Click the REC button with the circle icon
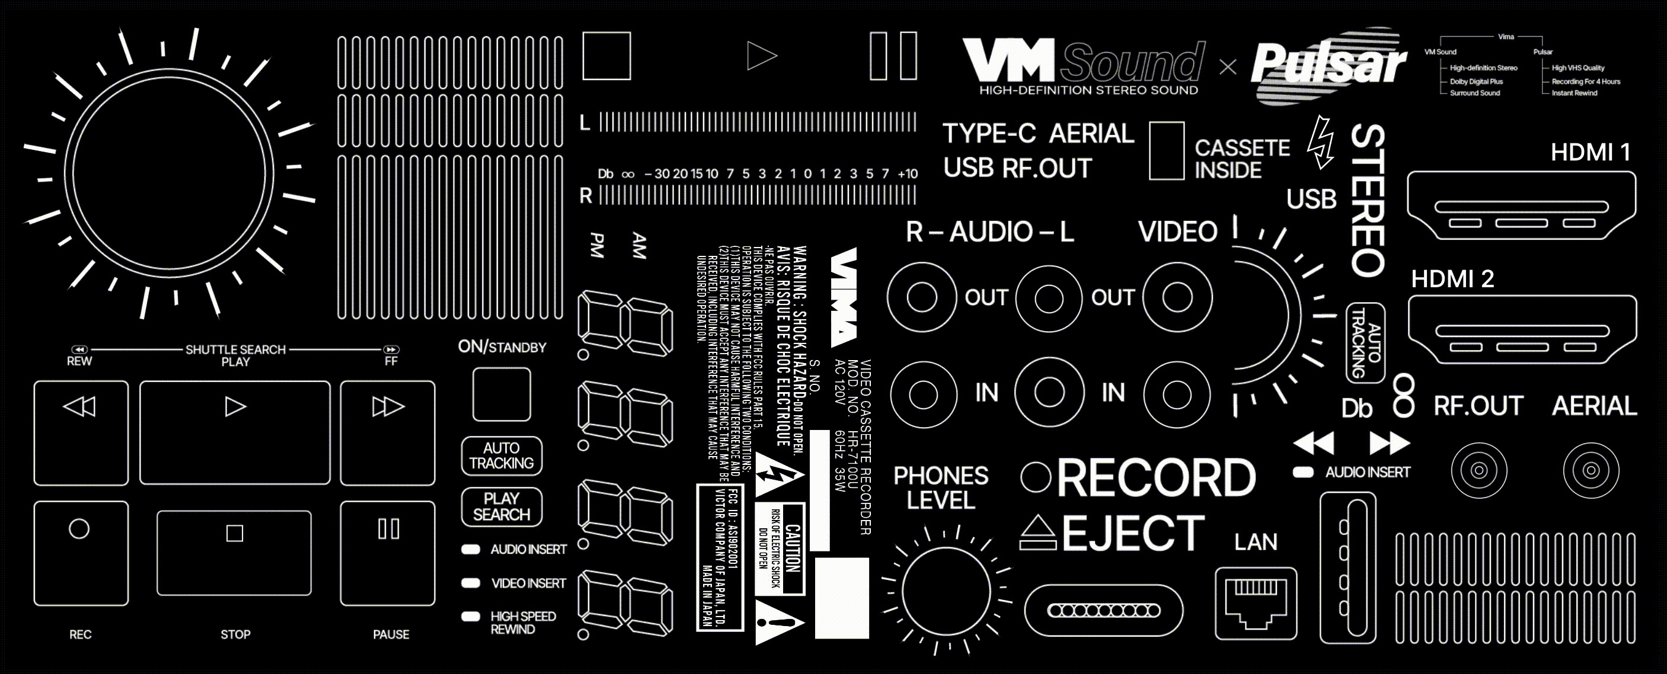[x=81, y=553]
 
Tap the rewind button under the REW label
[x=81, y=433]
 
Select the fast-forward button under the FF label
[x=388, y=433]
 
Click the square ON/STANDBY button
[x=502, y=394]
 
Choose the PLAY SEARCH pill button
[x=502, y=506]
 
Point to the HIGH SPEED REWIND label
[x=522, y=622]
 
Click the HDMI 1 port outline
[x=1521, y=206]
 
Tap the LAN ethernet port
[x=1256, y=603]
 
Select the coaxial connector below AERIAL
[x=1591, y=470]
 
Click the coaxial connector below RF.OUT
[x=1478, y=470]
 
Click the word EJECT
[x=1132, y=534]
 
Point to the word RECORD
[x=1157, y=478]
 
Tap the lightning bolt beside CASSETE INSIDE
[x=1320, y=142]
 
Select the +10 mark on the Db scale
[x=907, y=174]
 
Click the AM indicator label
[x=638, y=246]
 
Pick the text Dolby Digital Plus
[x=1476, y=82]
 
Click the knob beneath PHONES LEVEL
[x=946, y=590]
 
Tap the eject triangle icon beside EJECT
[x=1038, y=532]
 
